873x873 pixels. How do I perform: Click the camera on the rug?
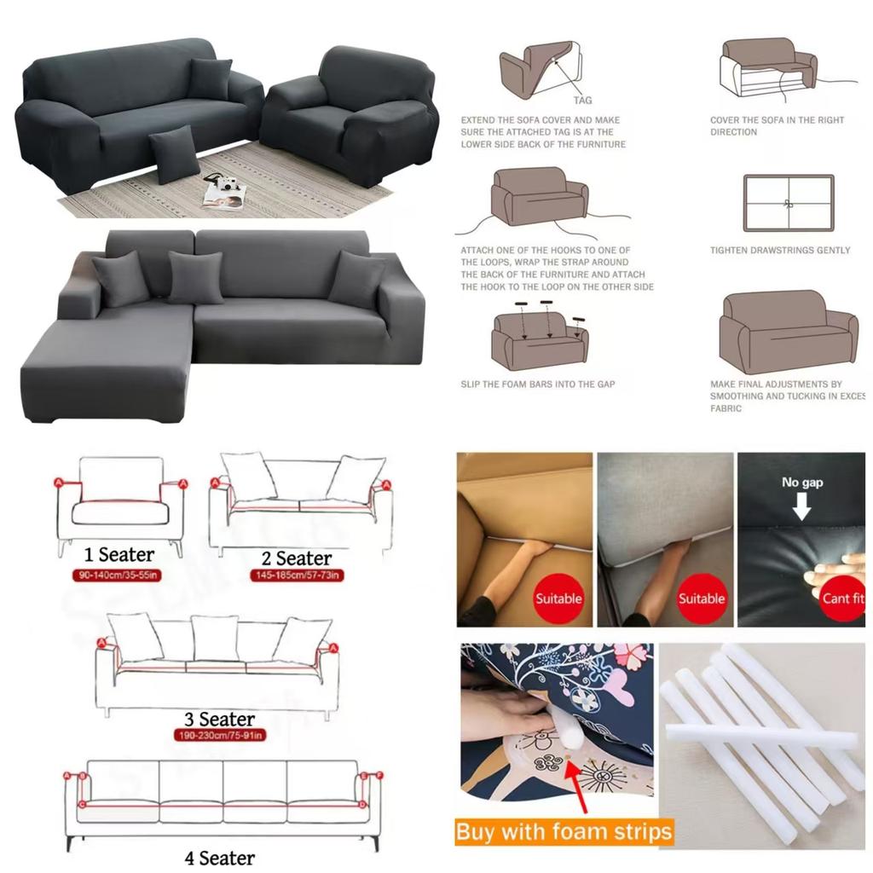223,183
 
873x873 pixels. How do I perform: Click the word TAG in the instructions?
582,100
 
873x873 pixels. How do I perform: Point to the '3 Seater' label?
220,720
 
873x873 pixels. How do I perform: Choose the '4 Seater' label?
219,856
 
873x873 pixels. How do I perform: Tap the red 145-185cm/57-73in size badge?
297,575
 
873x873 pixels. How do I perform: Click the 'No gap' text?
802,483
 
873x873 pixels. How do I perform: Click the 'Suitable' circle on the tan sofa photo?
558,598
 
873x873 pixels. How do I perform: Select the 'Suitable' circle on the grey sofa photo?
701,598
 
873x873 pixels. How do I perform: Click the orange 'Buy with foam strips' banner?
564,831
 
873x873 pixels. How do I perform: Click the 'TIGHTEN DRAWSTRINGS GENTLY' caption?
780,251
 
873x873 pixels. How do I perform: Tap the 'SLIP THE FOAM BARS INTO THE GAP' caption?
538,384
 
